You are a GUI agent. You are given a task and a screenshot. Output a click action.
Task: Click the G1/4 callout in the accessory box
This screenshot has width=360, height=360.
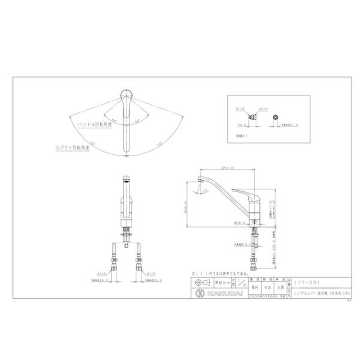pyautogui.click(x=239, y=108)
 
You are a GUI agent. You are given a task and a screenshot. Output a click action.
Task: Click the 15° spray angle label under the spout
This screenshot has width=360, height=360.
pyautogui.click(x=205, y=190)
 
